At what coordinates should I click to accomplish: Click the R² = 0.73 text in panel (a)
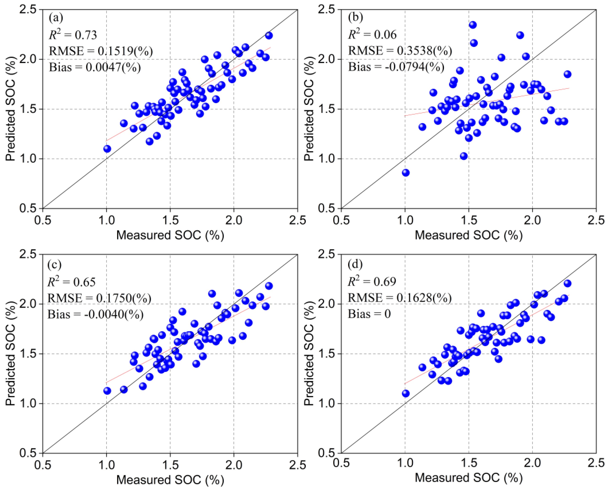(x=73, y=35)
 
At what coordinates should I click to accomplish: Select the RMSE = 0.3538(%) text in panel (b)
(x=400, y=51)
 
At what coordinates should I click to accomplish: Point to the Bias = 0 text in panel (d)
(x=369, y=314)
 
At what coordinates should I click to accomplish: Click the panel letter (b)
(x=355, y=18)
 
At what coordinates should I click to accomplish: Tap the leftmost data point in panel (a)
(x=107, y=149)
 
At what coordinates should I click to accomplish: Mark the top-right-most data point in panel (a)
(x=269, y=36)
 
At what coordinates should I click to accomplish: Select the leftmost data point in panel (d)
(x=405, y=393)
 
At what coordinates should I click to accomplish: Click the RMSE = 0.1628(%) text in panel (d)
(x=400, y=298)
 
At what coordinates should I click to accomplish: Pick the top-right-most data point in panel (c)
(x=269, y=286)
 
